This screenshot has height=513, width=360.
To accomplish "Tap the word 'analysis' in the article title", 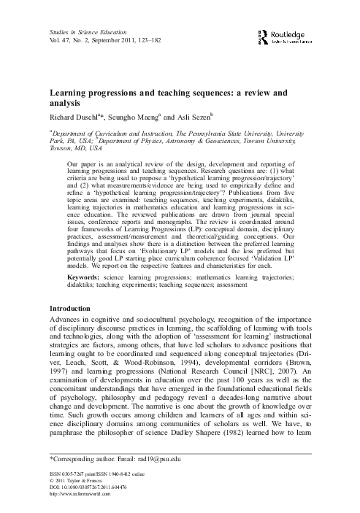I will pyautogui.click(x=66, y=104).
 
